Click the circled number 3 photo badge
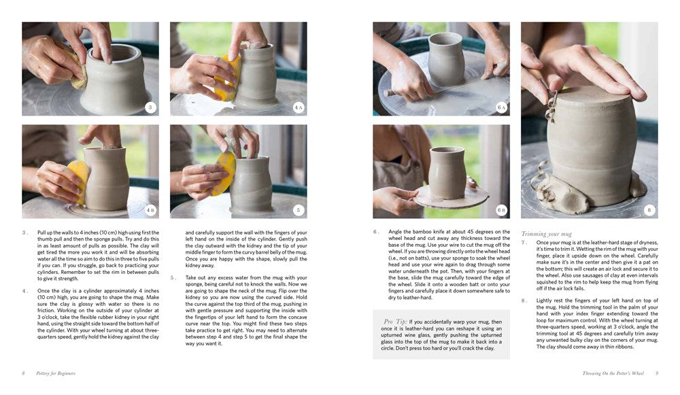pos(150,107)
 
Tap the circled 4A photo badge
pos(299,107)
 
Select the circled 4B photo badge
pos(150,210)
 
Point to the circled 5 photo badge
pos(299,210)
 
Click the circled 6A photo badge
pos(502,107)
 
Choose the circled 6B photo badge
pos(502,210)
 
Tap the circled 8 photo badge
pos(649,210)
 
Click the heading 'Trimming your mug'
pos(546,233)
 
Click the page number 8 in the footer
pos(22,373)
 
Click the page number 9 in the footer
pos(657,373)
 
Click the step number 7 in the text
pos(524,242)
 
